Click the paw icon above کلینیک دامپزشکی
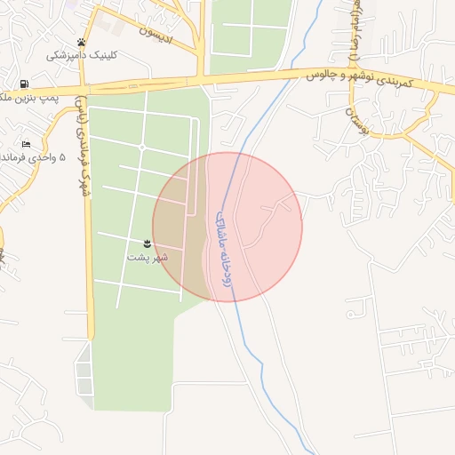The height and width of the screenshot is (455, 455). (x=82, y=42)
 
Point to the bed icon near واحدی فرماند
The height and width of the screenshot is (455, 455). (x=27, y=144)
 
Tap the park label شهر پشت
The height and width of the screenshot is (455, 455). (x=147, y=257)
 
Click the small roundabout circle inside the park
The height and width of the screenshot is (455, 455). (x=142, y=147)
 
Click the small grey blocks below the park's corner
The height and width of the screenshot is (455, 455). (x=84, y=373)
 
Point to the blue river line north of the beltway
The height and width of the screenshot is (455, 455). (x=307, y=36)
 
